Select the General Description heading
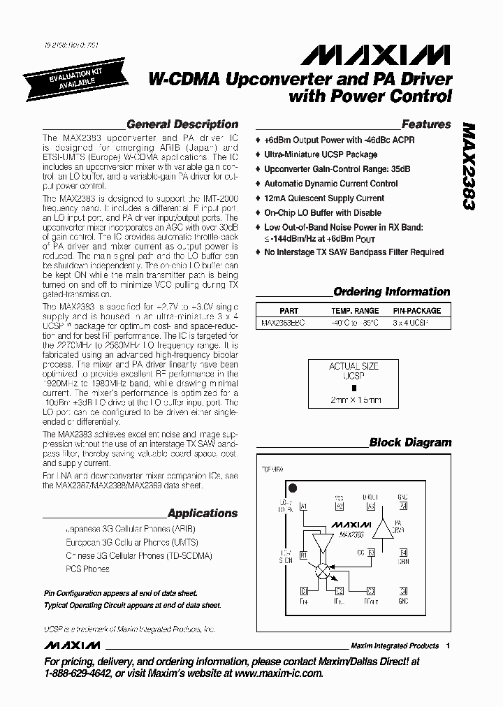click(182, 124)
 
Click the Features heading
click(426, 124)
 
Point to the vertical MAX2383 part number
click(467, 167)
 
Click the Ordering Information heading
click(391, 292)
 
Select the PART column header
click(289, 311)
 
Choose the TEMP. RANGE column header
click(355, 311)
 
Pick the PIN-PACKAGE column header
click(417, 311)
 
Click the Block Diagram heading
click(410, 442)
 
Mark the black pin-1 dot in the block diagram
click(293, 488)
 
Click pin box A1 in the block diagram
click(303, 506)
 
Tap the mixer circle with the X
click(322, 570)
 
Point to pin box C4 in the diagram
click(403, 591)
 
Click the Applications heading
click(203, 513)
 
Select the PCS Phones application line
click(87, 569)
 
